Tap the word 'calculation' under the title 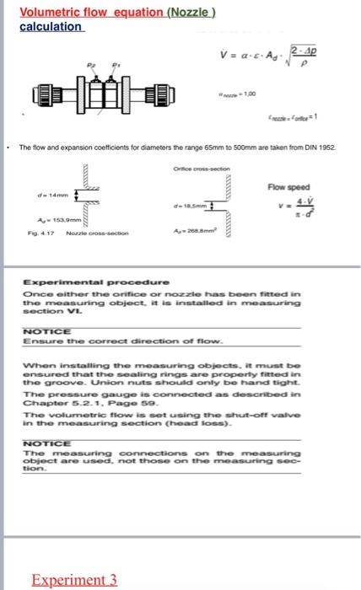tap(51, 26)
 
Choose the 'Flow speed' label tap(288, 187)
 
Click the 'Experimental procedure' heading tap(95, 281)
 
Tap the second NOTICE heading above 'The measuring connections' tap(46, 443)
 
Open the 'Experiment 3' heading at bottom tap(74, 580)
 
